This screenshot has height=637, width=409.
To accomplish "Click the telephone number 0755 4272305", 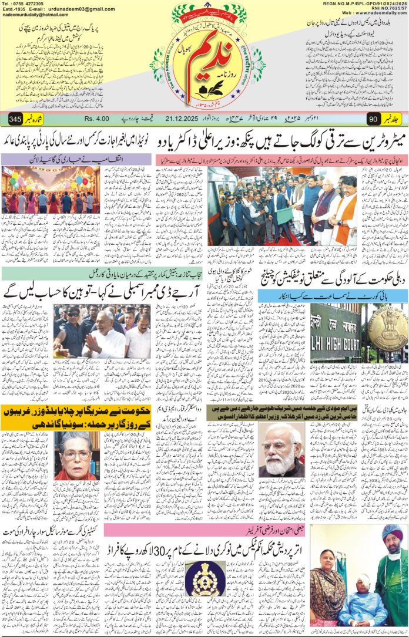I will [x=29, y=4].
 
